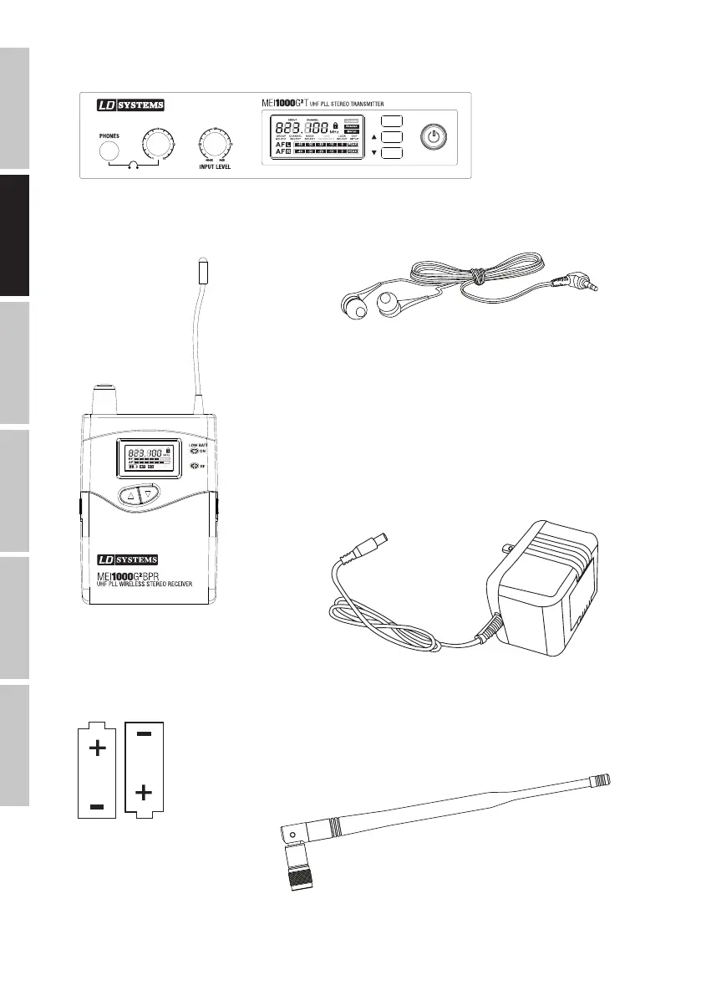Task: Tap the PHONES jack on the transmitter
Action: point(109,151)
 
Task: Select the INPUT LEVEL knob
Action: point(216,146)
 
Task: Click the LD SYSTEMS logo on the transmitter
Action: point(128,105)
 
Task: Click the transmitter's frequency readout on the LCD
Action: point(302,130)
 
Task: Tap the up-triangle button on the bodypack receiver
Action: point(130,494)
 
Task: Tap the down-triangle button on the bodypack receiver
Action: point(149,494)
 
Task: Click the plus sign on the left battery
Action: point(97,748)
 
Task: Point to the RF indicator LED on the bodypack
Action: point(196,466)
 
